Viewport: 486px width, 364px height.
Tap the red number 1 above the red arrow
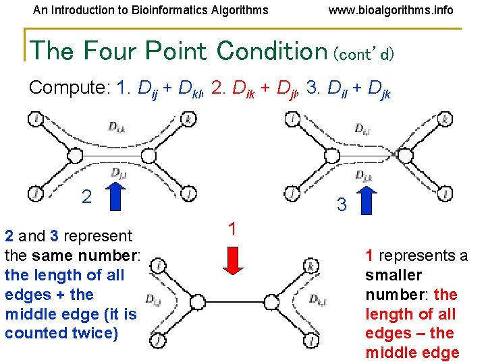pyautogui.click(x=232, y=229)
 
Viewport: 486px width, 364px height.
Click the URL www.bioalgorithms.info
pyautogui.click(x=390, y=10)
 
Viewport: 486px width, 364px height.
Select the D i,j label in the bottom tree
pyautogui.click(x=153, y=299)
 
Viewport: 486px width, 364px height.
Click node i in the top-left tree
pyautogui.click(x=36, y=120)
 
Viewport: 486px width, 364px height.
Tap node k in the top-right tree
pyautogui.click(x=444, y=120)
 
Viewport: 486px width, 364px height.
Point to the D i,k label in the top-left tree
pyautogui.click(x=116, y=126)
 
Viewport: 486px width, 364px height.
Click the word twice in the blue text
pyautogui.click(x=96, y=333)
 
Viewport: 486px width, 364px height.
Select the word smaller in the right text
pyautogui.click(x=394, y=275)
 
